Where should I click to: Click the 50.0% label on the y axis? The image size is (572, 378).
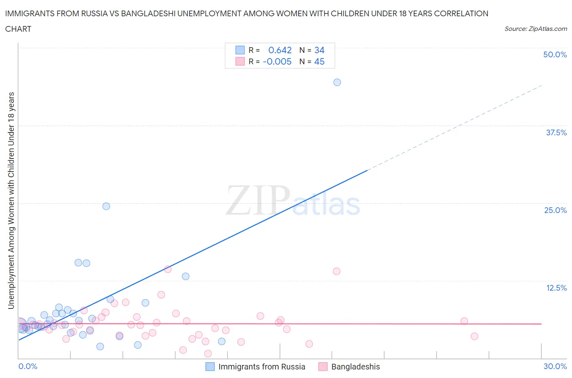(x=555, y=54)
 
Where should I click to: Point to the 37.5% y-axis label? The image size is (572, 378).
(x=556, y=133)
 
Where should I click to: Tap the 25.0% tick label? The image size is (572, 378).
(x=555, y=210)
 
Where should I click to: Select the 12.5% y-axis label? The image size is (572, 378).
(x=556, y=288)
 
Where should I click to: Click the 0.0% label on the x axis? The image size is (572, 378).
(x=28, y=366)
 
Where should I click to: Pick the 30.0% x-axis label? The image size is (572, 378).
(x=555, y=366)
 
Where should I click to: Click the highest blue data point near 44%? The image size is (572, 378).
(x=337, y=82)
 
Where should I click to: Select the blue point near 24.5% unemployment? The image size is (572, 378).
(x=106, y=206)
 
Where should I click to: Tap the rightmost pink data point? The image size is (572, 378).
(x=474, y=336)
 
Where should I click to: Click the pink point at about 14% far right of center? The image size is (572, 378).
(x=336, y=271)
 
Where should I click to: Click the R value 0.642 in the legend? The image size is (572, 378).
(x=280, y=50)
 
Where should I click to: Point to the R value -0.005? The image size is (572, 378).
(x=277, y=61)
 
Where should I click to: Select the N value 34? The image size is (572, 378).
(x=319, y=50)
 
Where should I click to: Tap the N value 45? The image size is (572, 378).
(x=319, y=61)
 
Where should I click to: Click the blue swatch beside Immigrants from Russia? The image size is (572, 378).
(x=210, y=367)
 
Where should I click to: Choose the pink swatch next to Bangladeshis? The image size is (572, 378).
(x=323, y=367)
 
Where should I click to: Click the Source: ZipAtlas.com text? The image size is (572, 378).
(x=535, y=29)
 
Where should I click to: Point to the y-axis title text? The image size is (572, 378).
(x=11, y=200)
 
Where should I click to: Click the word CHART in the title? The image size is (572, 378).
(x=18, y=29)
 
